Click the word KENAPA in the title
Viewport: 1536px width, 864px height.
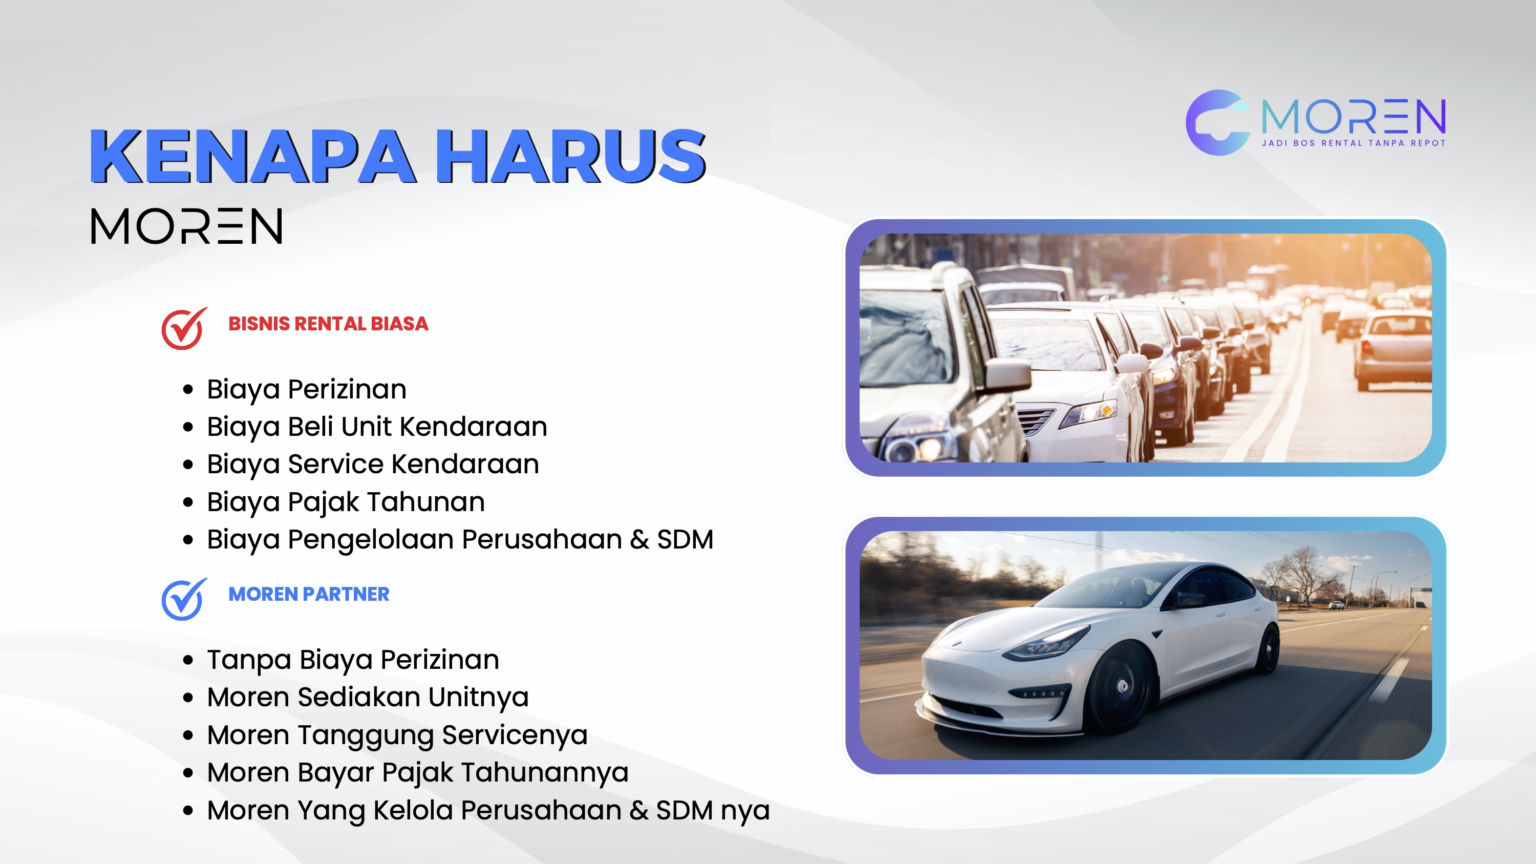[252, 156]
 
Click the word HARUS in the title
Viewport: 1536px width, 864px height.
[571, 156]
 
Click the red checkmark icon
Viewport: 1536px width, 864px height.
[184, 328]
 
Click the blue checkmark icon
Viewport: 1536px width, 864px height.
[184, 599]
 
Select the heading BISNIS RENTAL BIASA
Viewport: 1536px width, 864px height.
[329, 324]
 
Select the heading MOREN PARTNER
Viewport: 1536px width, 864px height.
[309, 595]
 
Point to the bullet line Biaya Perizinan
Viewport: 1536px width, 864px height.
[307, 390]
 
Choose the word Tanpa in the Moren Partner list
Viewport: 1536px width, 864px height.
[249, 661]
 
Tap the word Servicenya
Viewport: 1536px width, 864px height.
[515, 736]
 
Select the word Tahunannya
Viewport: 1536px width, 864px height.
[545, 773]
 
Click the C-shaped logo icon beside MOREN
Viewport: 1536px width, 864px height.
[1217, 123]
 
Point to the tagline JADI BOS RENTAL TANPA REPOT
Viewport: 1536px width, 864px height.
[1354, 143]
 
